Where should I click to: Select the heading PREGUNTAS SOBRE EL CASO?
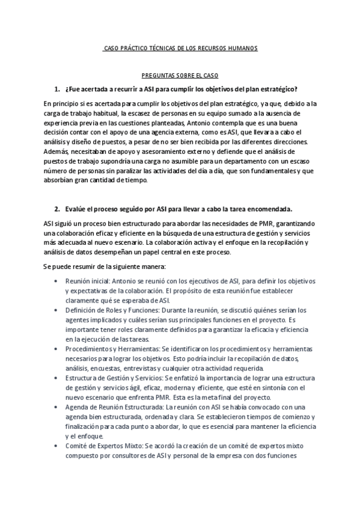click(x=179, y=76)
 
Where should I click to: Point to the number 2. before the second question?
click(x=56, y=209)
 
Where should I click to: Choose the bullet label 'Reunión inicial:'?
click(x=88, y=281)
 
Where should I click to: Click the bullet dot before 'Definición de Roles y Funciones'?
click(x=56, y=310)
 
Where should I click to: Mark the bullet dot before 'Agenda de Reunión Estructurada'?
click(x=56, y=407)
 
